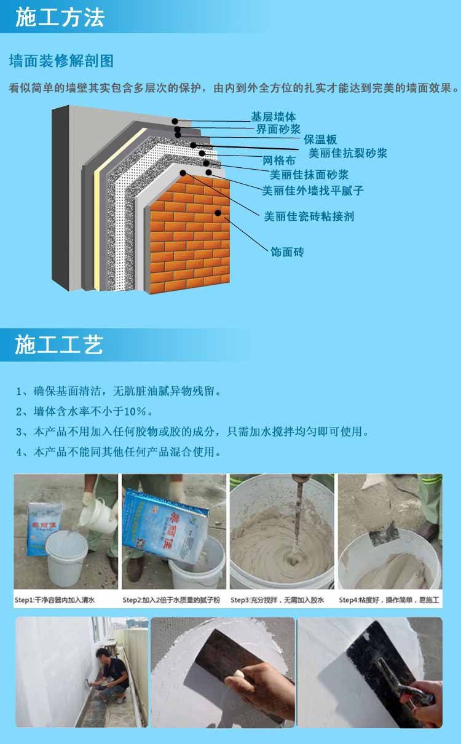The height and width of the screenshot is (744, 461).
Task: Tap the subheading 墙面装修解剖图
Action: point(61,61)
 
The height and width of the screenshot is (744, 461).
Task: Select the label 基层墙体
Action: point(274,116)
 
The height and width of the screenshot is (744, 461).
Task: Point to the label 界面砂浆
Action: point(278,129)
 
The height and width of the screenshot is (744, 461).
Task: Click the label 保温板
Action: point(320,140)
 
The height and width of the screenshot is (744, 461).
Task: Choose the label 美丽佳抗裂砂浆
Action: point(348,153)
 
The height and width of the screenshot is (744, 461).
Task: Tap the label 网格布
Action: point(279,161)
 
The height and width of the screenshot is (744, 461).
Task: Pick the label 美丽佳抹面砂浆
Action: point(309,175)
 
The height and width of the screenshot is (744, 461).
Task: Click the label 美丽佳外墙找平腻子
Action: point(313,191)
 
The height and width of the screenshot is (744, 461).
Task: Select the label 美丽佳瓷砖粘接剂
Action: point(309,216)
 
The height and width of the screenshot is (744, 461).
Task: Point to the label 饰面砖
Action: point(287,251)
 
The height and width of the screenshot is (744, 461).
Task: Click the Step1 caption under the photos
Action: point(55,600)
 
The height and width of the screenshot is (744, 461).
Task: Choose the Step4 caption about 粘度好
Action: point(390,600)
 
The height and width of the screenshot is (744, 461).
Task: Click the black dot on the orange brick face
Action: point(218,213)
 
